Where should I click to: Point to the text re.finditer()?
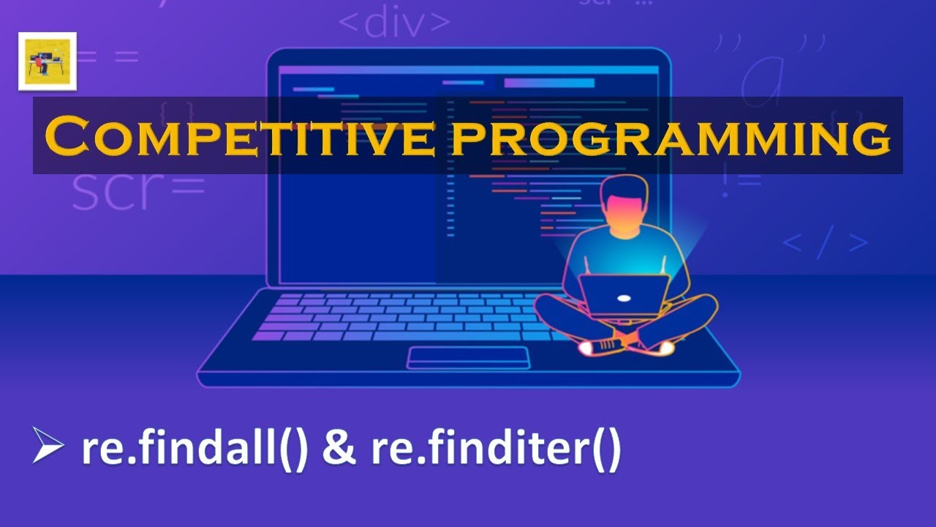pos(496,449)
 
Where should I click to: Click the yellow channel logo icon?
pos(48,61)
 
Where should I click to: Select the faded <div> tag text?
pos(394,24)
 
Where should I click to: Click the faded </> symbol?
pos(825,244)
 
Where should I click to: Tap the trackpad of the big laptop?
pos(468,357)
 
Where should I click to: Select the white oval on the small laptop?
pos(624,299)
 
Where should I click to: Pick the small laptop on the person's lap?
pos(624,294)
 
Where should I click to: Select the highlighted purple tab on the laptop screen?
pos(548,83)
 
